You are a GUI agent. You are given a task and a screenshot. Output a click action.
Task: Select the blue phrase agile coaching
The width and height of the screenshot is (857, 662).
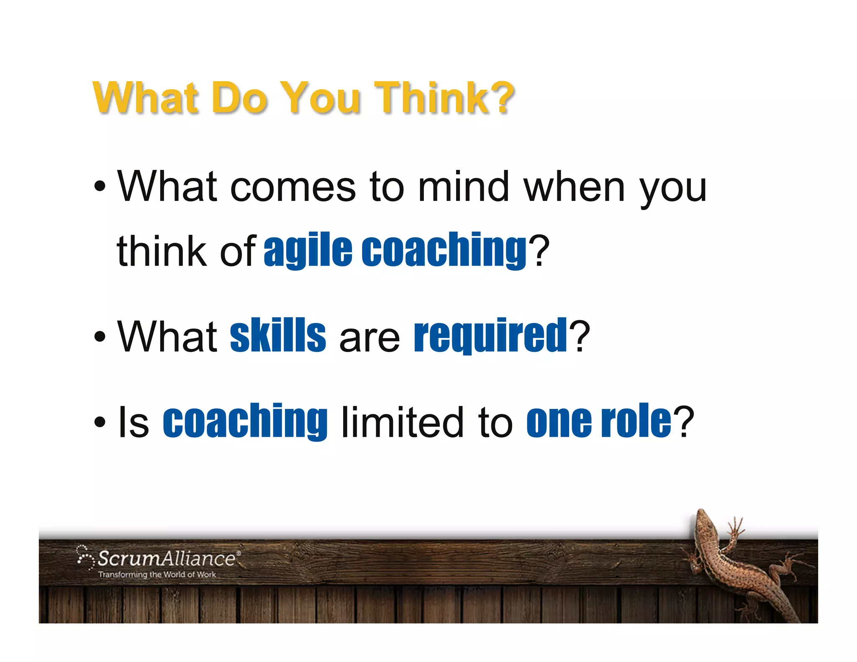(395, 250)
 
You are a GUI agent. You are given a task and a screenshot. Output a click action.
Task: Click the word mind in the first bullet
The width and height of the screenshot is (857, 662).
(463, 187)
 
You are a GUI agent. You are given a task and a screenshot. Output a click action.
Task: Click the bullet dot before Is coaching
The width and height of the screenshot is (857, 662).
(100, 422)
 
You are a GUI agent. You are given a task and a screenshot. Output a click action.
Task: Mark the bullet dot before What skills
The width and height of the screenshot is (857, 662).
(100, 336)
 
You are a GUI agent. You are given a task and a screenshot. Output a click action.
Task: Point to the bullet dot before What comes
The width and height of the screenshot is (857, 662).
(100, 186)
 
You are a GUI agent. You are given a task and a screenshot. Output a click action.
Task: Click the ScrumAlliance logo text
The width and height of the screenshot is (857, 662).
(166, 559)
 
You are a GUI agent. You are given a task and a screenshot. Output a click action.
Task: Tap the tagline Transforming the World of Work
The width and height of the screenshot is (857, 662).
(157, 575)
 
